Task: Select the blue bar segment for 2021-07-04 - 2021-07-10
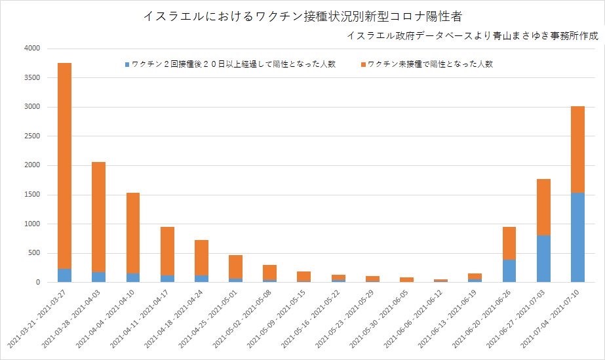[x=577, y=237]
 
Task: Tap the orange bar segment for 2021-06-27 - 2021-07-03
[x=543, y=207]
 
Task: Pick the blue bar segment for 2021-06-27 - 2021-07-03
[x=543, y=259]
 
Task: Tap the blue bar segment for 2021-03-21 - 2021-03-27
[x=64, y=275]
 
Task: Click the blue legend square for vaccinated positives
[x=127, y=65]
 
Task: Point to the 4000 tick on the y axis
[x=31, y=49]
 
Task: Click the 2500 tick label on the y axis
[x=31, y=136]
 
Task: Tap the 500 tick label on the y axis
[x=34, y=253]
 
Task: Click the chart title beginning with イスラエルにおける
[x=302, y=16]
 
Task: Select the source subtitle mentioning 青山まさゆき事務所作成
[x=474, y=35]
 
